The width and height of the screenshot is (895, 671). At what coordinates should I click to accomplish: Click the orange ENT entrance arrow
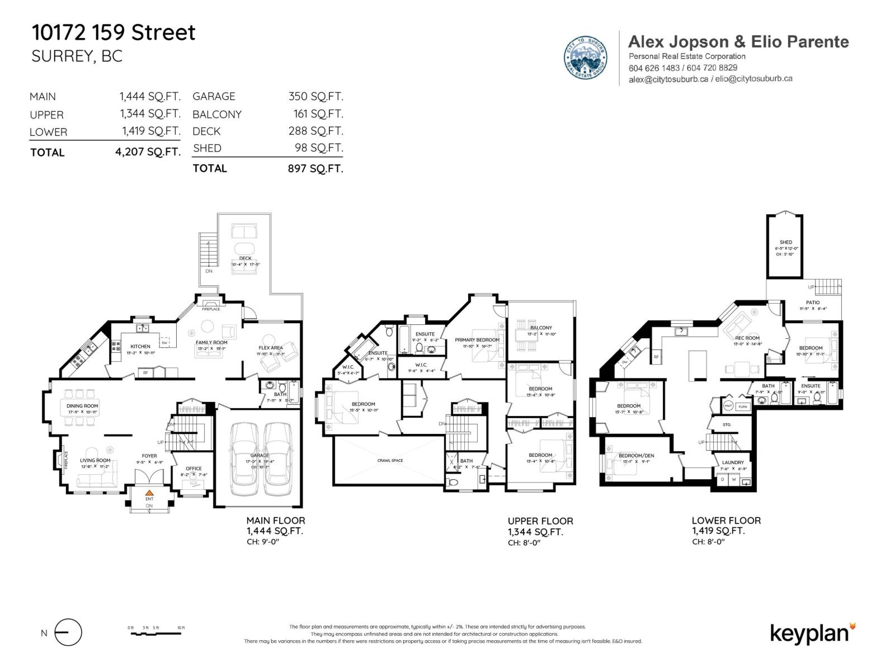(x=149, y=492)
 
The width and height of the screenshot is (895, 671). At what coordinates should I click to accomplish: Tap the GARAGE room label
(x=260, y=456)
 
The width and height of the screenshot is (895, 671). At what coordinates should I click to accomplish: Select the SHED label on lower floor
(x=785, y=242)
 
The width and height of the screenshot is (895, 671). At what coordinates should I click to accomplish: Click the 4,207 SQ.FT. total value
(x=148, y=152)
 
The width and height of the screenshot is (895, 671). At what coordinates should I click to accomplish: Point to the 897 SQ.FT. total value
(x=315, y=168)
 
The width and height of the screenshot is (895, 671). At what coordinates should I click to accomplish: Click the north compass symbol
(x=68, y=633)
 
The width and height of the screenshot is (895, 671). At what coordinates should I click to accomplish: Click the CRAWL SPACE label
(x=390, y=461)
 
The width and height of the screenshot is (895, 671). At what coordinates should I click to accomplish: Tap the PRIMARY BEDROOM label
(x=477, y=340)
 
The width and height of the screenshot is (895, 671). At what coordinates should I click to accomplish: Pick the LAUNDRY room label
(x=733, y=462)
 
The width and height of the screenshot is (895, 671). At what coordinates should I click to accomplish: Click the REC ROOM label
(x=747, y=338)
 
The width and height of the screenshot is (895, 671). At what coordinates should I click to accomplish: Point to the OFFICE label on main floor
(x=194, y=469)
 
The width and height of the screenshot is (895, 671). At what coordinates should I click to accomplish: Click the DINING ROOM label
(x=82, y=406)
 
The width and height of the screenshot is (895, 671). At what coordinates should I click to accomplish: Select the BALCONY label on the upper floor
(x=541, y=328)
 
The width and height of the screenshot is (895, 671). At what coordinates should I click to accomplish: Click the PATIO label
(x=813, y=303)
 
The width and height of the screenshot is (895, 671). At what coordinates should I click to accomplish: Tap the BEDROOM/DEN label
(x=636, y=456)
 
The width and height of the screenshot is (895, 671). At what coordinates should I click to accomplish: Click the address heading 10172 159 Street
(x=114, y=32)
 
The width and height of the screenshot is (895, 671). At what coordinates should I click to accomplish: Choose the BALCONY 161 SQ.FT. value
(x=318, y=114)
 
